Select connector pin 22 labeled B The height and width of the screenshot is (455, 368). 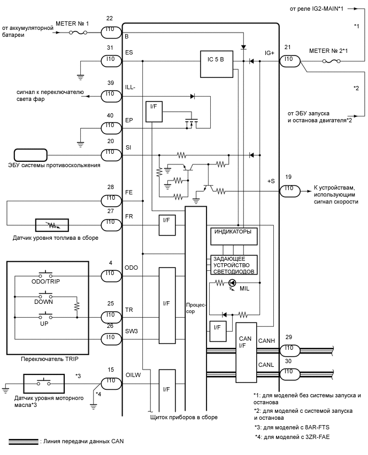[111, 33]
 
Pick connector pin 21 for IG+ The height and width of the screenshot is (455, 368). [288, 59]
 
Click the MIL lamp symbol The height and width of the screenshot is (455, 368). [232, 283]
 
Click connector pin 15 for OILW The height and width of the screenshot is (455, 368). [111, 381]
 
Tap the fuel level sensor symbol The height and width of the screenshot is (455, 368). [51, 225]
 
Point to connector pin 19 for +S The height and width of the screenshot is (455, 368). [288, 189]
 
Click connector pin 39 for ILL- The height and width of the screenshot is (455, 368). [111, 94]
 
